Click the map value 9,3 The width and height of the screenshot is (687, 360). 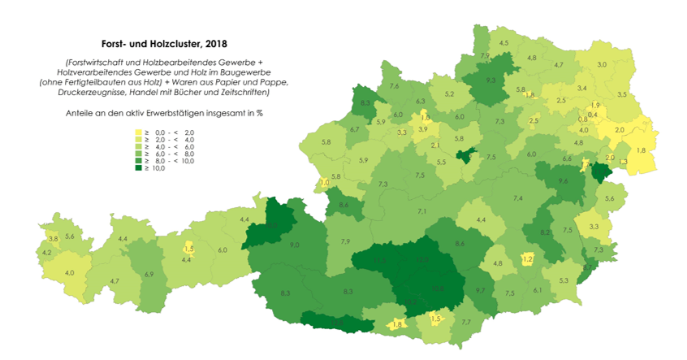[x=490, y=80]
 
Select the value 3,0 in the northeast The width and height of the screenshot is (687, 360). [x=602, y=64]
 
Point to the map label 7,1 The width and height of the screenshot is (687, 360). [x=422, y=211]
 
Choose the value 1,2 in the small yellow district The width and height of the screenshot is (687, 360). [x=527, y=258]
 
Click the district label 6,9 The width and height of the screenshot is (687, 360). [x=149, y=275]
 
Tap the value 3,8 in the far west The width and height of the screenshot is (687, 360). [x=53, y=239]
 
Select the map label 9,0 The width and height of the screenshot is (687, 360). [x=294, y=245]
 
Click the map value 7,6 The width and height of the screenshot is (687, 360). [x=395, y=86]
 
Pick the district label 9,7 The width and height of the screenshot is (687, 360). [x=479, y=290]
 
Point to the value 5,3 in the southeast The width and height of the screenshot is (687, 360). [x=564, y=280]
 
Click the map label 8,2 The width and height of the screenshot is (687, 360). [x=545, y=232]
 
